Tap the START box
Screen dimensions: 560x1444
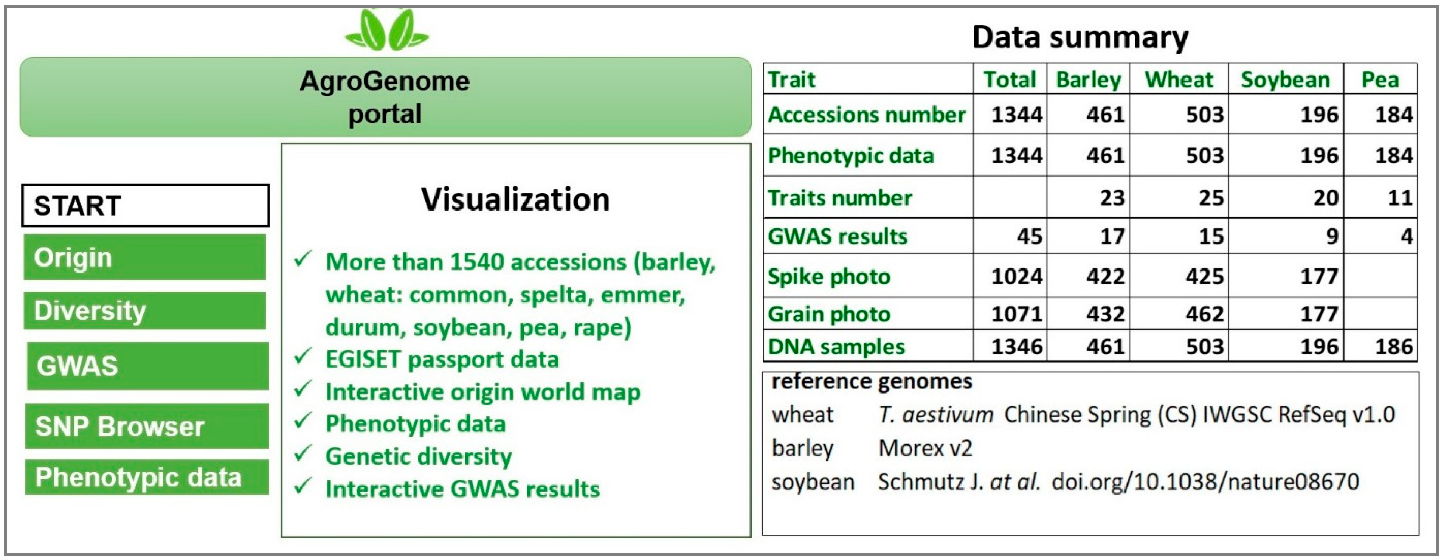coord(145,206)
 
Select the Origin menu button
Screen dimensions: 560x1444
coord(144,257)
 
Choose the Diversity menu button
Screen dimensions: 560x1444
coord(144,310)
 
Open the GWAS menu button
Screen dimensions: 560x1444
coord(147,366)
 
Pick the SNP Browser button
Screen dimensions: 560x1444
coord(147,426)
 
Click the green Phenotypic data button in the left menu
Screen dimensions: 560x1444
coord(147,477)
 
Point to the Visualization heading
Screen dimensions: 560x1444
coord(515,200)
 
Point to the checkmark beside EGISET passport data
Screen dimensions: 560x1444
coord(303,357)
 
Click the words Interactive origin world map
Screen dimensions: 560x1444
coord(482,392)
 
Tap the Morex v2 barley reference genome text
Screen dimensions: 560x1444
coord(924,448)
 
